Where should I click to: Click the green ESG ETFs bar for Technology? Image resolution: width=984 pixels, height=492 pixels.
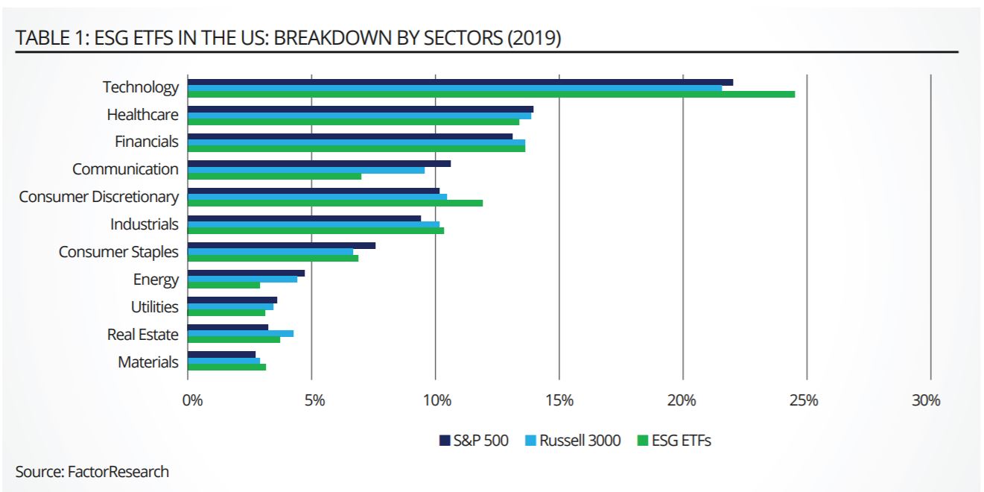click(491, 95)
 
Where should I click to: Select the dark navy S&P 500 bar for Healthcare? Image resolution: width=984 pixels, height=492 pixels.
click(361, 109)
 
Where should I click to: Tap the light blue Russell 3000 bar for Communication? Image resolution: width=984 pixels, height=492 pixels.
click(306, 169)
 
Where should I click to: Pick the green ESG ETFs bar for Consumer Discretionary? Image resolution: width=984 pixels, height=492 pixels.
click(335, 203)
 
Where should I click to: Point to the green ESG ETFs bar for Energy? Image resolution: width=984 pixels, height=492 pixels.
click(224, 285)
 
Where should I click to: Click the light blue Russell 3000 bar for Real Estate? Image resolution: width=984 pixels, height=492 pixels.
click(241, 333)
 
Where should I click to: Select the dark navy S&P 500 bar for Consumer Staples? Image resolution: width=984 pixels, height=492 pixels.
click(282, 245)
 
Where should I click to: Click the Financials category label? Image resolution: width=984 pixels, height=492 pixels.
click(146, 142)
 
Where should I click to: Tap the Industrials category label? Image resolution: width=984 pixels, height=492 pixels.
click(145, 224)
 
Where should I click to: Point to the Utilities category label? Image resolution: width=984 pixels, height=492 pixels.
click(155, 307)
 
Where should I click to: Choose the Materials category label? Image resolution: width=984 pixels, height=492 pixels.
click(148, 362)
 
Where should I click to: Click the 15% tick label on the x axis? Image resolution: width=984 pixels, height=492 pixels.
click(559, 400)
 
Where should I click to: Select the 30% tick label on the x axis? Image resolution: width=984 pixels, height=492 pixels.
click(926, 400)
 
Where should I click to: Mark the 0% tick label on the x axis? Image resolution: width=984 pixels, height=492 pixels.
click(192, 400)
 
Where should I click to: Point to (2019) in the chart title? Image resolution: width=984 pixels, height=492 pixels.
click(533, 38)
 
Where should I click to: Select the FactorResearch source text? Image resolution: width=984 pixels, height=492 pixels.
click(118, 471)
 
